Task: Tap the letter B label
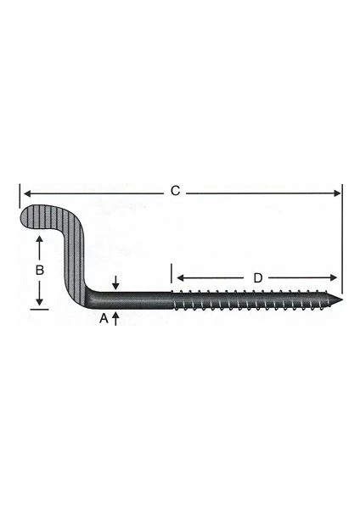38,271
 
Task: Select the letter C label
175,192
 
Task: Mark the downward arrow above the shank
116,283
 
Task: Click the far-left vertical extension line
18,197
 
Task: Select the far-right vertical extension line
342,238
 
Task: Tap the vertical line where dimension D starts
172,276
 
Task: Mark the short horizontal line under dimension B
38,309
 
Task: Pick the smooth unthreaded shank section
140,299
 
